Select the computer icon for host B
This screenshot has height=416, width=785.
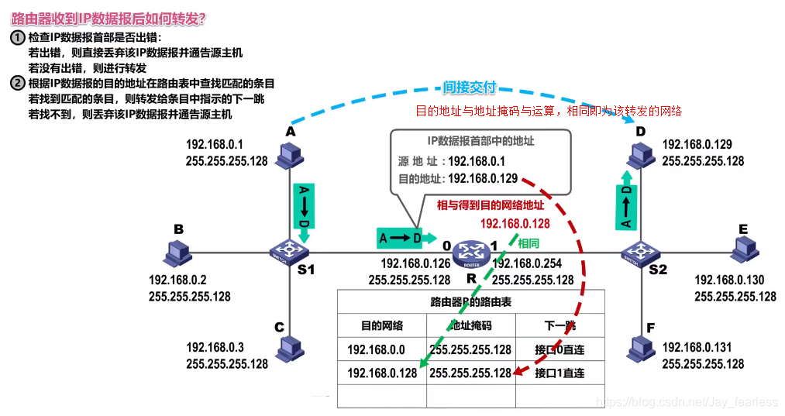(178, 252)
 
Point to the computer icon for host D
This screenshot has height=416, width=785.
(640, 157)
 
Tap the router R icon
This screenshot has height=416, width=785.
(469, 251)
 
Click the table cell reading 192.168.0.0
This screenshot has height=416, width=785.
(381, 349)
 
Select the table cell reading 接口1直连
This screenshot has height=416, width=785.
(559, 373)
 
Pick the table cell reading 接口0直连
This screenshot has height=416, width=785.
(559, 349)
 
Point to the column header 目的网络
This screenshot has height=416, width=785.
(381, 325)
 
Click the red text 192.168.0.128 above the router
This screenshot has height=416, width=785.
(515, 223)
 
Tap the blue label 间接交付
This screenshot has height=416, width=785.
(469, 88)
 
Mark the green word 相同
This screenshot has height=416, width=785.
(528, 242)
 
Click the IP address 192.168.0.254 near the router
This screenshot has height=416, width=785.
(532, 264)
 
